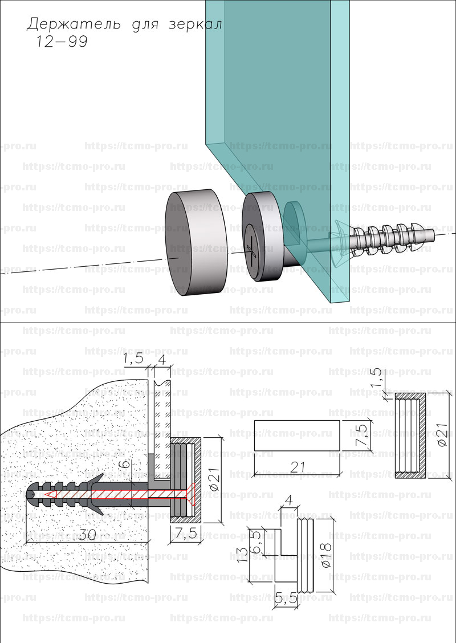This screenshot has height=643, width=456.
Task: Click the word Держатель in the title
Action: [72, 25]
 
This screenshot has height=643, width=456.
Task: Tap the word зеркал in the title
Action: [195, 25]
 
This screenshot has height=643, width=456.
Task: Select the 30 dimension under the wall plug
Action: [85, 536]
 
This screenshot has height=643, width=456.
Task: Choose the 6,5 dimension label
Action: [256, 539]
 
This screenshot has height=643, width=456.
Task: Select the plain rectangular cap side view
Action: [296, 436]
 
